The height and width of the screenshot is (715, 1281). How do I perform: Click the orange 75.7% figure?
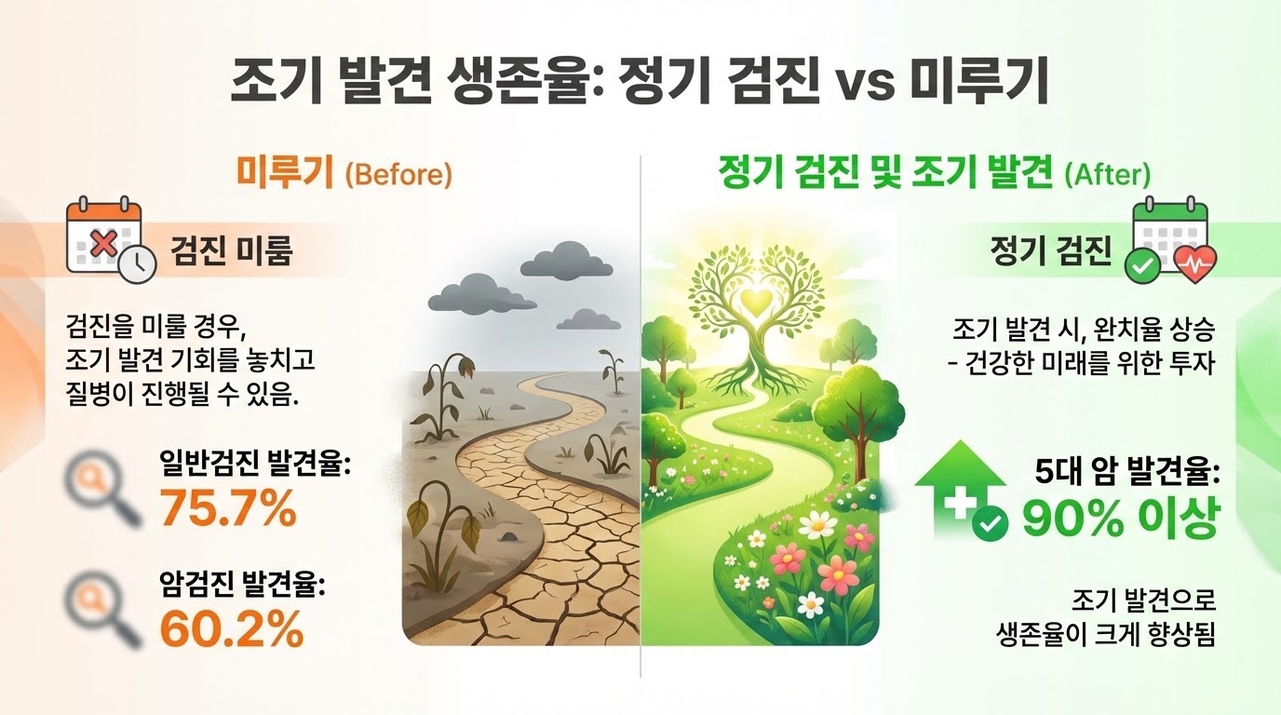point(228,508)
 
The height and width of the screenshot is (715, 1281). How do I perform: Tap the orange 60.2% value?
point(232,628)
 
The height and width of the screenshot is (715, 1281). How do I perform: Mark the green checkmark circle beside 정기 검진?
point(1144,265)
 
